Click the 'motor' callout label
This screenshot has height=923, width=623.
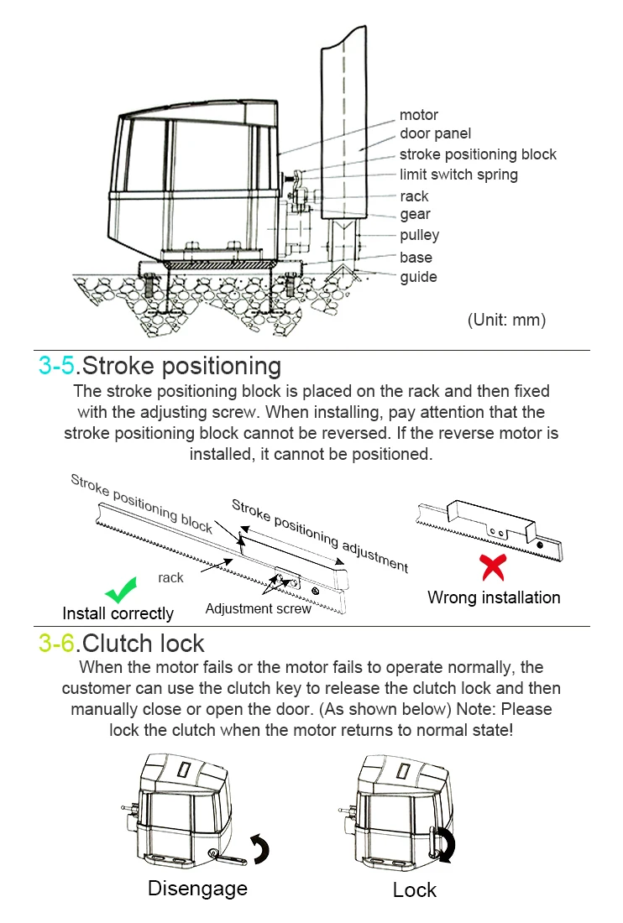(x=418, y=115)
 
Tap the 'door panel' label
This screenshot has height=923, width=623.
(x=435, y=133)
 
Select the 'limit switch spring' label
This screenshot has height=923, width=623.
(x=458, y=175)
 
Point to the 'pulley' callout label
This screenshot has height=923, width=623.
(x=419, y=236)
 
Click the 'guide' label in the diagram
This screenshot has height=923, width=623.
(x=418, y=277)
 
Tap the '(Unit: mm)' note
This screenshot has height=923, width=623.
(x=506, y=320)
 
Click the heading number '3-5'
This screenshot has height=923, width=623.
(x=57, y=366)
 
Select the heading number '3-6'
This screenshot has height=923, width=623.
(x=57, y=644)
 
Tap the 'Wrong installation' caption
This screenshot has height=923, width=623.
(x=494, y=597)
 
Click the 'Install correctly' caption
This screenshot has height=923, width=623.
(x=118, y=613)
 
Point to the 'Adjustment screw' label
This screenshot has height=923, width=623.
(x=258, y=609)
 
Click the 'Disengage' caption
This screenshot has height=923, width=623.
(x=197, y=888)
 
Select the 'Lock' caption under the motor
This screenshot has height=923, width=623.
(x=415, y=889)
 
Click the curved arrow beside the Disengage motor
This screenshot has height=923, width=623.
(x=260, y=847)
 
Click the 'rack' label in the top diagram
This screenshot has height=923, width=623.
(x=414, y=196)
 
